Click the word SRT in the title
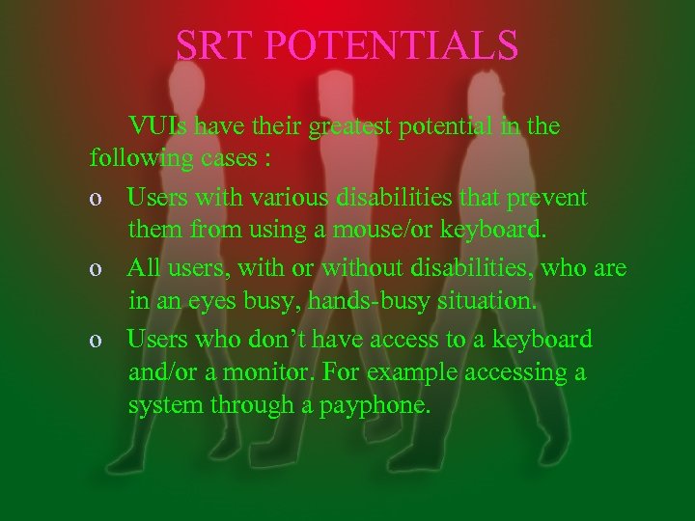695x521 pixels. point(213,44)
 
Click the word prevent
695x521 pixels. point(540,198)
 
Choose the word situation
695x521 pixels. point(486,301)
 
